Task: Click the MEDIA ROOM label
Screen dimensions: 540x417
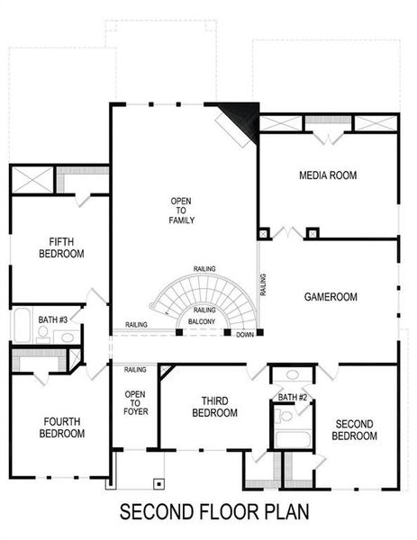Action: [x=328, y=175]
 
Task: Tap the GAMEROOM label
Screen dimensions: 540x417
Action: [x=331, y=296]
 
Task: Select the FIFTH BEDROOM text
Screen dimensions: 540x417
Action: [x=61, y=247]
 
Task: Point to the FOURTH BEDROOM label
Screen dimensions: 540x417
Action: [x=61, y=427]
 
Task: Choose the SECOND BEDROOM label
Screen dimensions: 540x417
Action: [x=355, y=430]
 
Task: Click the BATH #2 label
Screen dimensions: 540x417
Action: [x=293, y=397]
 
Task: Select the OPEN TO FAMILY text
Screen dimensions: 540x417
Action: [x=182, y=210]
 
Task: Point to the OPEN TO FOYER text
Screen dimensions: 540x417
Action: [x=135, y=403]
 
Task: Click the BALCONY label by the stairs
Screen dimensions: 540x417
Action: [x=203, y=321]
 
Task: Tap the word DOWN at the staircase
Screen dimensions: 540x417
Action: [x=245, y=335]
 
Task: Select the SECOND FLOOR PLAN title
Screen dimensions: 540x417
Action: [x=214, y=513]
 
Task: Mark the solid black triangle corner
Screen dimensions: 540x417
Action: [x=244, y=116]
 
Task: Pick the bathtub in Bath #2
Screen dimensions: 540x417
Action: [x=292, y=439]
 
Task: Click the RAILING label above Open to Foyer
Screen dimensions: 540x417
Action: [x=135, y=370]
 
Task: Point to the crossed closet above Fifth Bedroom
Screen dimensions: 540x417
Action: [x=33, y=178]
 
